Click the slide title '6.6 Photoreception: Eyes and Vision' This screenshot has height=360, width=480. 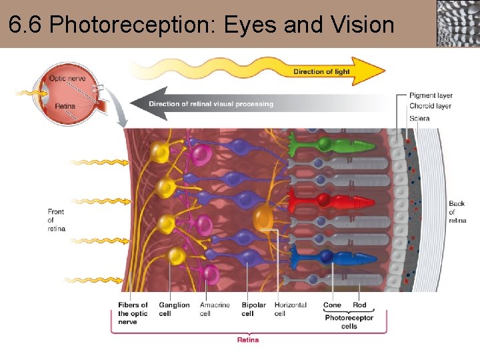(201, 25)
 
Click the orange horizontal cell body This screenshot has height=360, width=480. (263, 217)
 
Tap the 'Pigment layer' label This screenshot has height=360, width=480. (430, 95)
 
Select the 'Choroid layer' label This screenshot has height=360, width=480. (430, 106)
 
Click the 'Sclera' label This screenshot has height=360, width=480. (419, 118)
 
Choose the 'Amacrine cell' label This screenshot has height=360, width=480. (214, 309)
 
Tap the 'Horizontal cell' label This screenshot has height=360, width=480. (290, 309)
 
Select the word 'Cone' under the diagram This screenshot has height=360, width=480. (332, 305)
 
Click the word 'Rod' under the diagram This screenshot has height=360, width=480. (359, 305)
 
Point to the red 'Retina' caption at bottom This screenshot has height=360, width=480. (248, 340)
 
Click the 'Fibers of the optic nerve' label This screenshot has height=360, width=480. (133, 313)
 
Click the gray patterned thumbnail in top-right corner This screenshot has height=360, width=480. (457, 23)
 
